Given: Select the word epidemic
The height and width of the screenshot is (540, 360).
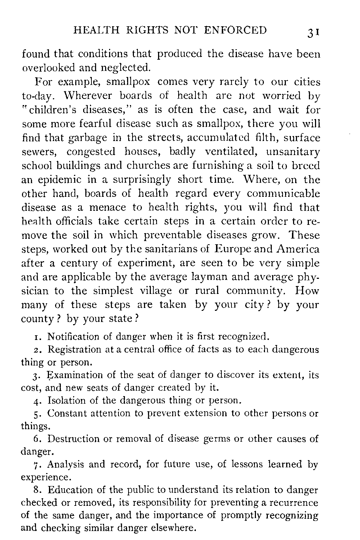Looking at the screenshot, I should coord(56,180).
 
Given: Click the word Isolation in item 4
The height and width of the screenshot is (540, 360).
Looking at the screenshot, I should coord(65,400).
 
